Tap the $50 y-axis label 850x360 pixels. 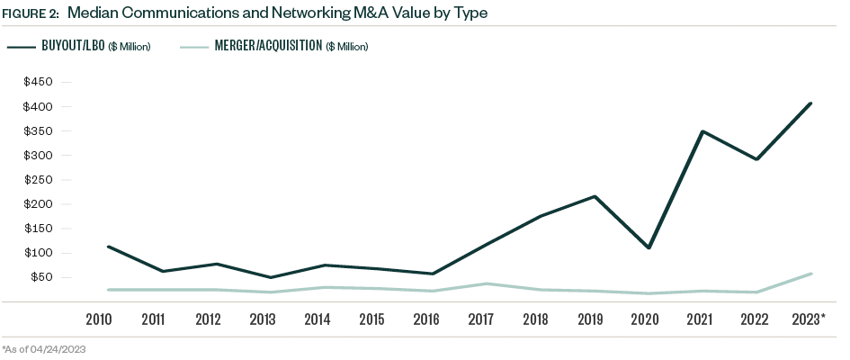(42, 277)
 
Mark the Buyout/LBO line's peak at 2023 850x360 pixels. (811, 103)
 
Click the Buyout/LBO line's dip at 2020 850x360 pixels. (649, 247)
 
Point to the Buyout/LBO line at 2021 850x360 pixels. (702, 131)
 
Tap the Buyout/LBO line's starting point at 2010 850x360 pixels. (107, 247)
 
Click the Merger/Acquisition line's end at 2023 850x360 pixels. (811, 274)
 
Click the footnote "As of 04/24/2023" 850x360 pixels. (49, 348)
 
